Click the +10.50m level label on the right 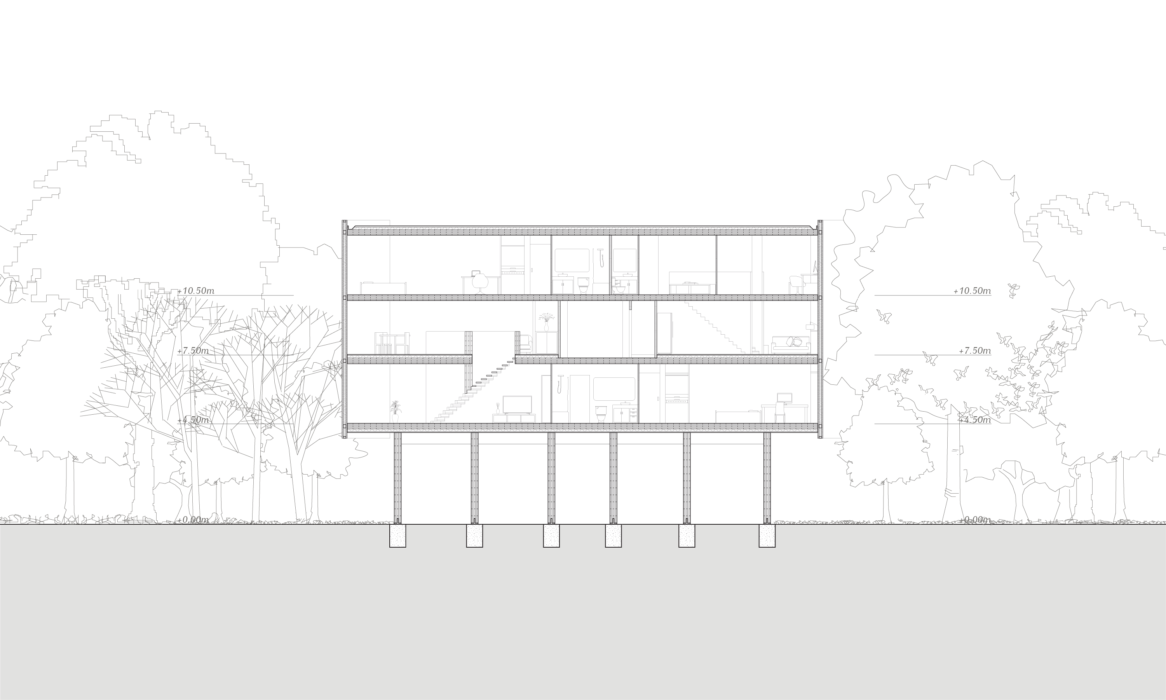click(x=972, y=291)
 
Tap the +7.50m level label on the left click(x=193, y=351)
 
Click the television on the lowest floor click(x=517, y=405)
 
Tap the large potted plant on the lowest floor click(x=395, y=411)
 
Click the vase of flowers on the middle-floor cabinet click(x=546, y=321)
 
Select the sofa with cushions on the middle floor click(x=790, y=344)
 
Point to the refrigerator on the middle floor click(x=664, y=333)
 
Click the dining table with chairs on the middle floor click(x=392, y=343)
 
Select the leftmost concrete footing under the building click(x=397, y=536)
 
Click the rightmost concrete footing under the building click(x=767, y=536)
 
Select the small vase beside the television click(x=497, y=408)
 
